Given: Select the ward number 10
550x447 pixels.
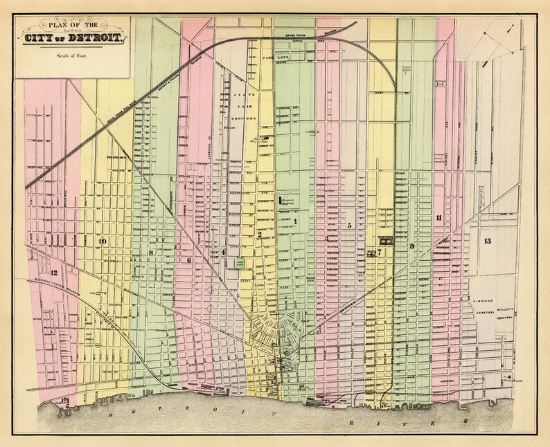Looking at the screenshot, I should point(103,241).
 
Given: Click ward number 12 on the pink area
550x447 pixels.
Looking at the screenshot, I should point(53,273).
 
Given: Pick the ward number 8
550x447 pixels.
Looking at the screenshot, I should point(150,253).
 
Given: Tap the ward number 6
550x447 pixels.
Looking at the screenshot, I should point(188,260).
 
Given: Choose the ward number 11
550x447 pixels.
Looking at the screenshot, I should point(438,218).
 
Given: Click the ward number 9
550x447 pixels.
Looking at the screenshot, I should point(411,246).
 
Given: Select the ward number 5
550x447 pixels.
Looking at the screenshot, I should point(350,226).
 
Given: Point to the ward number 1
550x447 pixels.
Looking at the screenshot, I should point(295,221).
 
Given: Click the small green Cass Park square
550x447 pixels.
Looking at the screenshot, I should point(240,264).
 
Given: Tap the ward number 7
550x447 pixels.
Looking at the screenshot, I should point(380,253).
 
